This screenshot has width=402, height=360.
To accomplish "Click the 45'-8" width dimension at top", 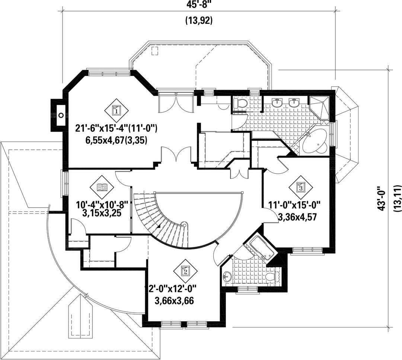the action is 199,4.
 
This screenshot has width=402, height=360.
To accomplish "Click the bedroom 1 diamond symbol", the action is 117,111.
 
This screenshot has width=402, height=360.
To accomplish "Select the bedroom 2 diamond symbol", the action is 185,271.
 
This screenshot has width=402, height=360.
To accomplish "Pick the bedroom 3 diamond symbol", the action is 301,187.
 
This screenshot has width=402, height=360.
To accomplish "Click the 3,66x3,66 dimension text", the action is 174,300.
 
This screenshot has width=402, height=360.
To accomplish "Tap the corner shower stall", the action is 319,108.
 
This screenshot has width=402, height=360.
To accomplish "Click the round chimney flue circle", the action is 61,115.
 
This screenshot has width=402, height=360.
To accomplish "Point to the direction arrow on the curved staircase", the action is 158,226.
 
